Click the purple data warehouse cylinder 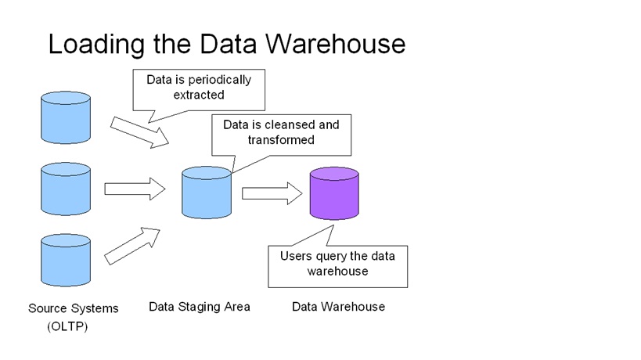click(334, 193)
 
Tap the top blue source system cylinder click(67, 117)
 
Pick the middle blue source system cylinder click(67, 189)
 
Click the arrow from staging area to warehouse click(272, 193)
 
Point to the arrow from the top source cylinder click(140, 131)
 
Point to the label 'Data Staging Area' click(200, 307)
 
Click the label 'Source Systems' click(74, 308)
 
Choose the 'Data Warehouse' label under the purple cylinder click(338, 307)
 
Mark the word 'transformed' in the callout click(282, 140)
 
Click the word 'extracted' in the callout click(199, 95)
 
